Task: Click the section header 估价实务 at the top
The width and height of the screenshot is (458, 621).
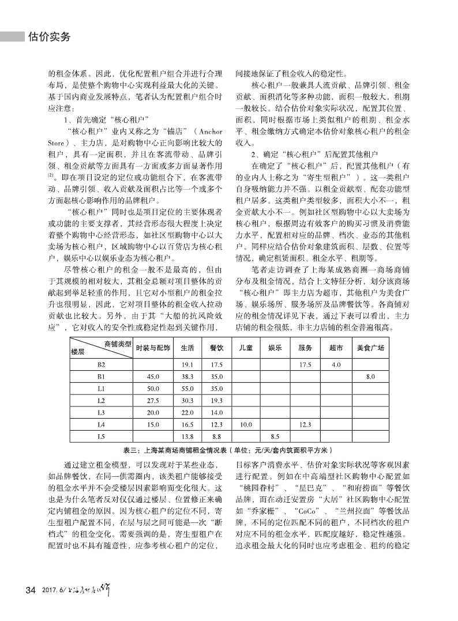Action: [x=49, y=37]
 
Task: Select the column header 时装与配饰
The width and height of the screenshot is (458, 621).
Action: [x=153, y=348]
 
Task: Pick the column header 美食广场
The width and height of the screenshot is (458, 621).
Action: [x=370, y=348]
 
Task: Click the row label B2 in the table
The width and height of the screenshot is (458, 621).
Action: [x=102, y=364]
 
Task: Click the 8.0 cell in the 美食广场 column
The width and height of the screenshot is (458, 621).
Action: [x=370, y=377]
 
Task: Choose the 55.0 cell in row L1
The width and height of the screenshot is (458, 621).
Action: [x=186, y=389]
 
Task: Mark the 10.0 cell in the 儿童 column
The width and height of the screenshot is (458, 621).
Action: [x=245, y=424]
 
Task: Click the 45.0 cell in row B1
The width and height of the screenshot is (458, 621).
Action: [x=153, y=377]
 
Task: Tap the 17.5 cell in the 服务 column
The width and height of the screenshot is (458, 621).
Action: [x=306, y=364]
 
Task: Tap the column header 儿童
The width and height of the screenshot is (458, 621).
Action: [x=245, y=348]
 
